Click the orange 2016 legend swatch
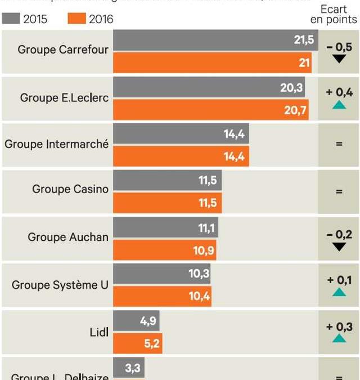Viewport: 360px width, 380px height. click(76, 19)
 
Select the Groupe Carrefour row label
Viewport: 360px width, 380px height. click(62, 50)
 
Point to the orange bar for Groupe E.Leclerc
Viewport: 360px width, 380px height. click(211, 110)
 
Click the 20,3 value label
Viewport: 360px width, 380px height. click(291, 87)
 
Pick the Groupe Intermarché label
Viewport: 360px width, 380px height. click(56, 144)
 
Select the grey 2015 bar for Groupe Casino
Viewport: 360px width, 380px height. click(168, 181)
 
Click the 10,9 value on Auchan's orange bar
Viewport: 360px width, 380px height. click(204, 251)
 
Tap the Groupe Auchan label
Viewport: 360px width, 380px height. click(68, 237)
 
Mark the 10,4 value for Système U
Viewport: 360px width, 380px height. click(199, 296)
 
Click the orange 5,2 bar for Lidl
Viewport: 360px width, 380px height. click(138, 343)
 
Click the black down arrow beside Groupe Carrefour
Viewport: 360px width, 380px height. click(339, 59)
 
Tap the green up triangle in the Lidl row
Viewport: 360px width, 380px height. click(339, 338)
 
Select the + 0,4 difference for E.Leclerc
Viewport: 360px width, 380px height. click(339, 92)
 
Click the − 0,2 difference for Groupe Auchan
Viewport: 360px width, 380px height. click(339, 235)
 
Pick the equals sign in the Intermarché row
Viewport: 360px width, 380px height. click(339, 144)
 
